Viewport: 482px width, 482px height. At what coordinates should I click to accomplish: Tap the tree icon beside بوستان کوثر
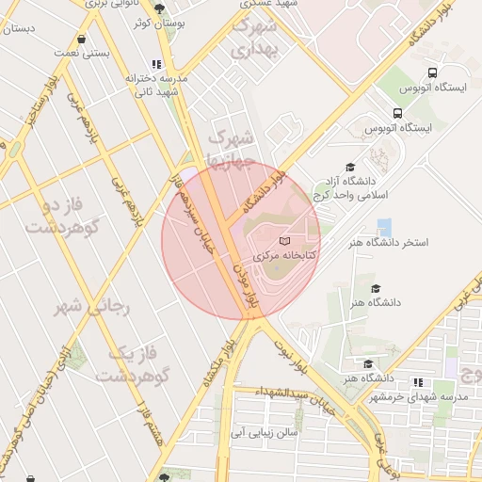click(162, 8)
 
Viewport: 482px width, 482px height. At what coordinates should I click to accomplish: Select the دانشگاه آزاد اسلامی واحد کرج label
click(375, 186)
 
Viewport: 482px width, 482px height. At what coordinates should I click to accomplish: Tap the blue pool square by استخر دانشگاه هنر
click(384, 227)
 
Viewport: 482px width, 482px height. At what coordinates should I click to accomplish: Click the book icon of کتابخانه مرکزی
click(285, 242)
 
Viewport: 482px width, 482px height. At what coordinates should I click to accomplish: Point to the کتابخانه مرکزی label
click(290, 255)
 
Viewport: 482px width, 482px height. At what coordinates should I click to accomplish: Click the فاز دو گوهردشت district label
click(58, 214)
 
